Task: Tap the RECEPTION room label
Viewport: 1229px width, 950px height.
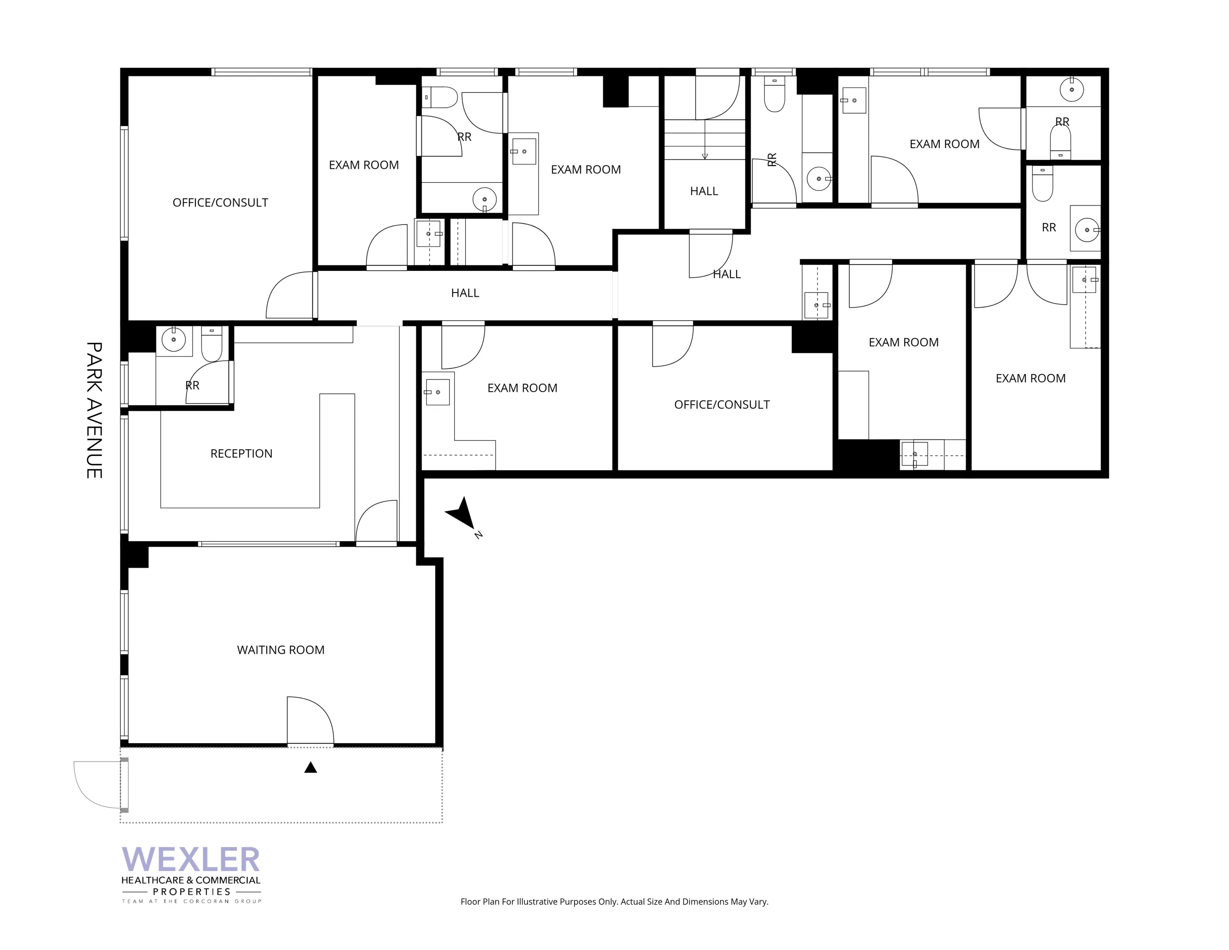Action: pyautogui.click(x=241, y=454)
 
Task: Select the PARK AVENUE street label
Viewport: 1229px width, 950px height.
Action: pyautogui.click(x=94, y=410)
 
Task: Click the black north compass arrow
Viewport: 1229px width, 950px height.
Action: pyautogui.click(x=462, y=513)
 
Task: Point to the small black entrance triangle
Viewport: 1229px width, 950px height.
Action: pyautogui.click(x=311, y=768)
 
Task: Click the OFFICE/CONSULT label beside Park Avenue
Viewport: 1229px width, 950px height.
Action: pyautogui.click(x=220, y=203)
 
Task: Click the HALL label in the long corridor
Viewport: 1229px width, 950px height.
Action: pyautogui.click(x=465, y=293)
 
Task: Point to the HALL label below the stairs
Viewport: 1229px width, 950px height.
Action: pyautogui.click(x=704, y=191)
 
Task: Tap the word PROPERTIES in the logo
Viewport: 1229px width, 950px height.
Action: pyautogui.click(x=192, y=892)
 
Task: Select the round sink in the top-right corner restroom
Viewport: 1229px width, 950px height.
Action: pyautogui.click(x=1071, y=89)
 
